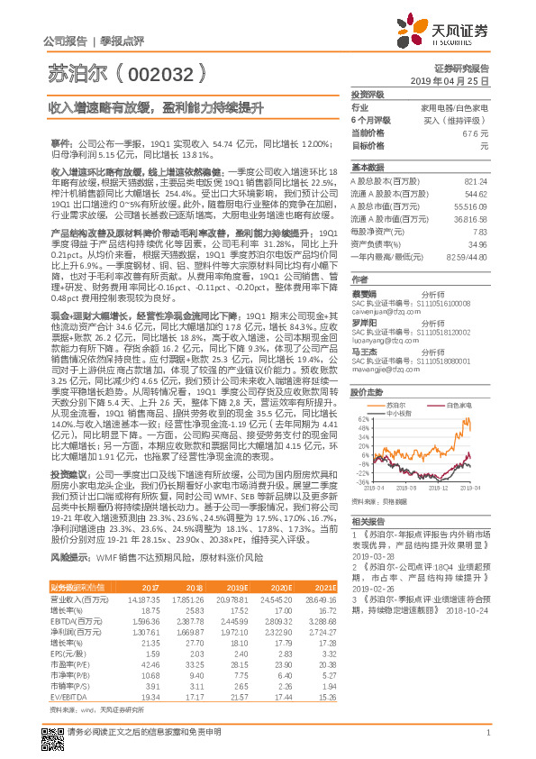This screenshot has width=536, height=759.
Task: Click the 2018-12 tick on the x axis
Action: (446, 487)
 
